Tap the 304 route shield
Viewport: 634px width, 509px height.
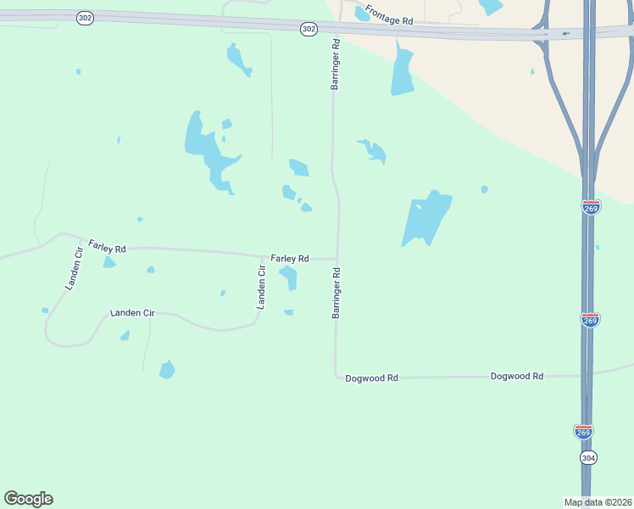[588, 457]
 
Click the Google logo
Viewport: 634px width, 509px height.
[28, 499]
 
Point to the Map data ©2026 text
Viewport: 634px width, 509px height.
[598, 502]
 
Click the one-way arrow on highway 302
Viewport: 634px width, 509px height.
[565, 34]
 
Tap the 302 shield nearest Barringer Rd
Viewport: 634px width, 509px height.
[309, 29]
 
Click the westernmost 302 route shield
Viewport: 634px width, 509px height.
[84, 18]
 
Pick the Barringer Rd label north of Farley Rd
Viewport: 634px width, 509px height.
[336, 64]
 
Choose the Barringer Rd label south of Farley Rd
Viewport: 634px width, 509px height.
[336, 293]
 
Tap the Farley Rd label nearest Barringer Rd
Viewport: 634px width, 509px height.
[290, 258]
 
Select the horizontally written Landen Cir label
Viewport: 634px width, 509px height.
[132, 313]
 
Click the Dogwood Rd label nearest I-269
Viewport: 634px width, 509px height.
[516, 375]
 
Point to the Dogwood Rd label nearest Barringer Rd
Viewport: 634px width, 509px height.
[371, 378]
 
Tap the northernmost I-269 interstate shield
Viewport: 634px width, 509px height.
[591, 207]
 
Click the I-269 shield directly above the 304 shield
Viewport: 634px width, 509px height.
[583, 432]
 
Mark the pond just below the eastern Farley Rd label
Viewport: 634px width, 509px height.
[289, 277]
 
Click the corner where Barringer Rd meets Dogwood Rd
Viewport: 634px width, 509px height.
[336, 376]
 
